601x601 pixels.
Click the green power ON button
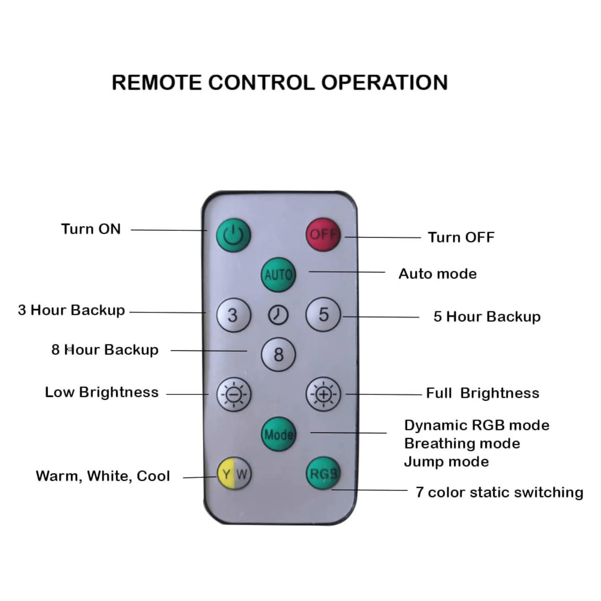click(233, 236)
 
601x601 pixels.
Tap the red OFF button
click(323, 235)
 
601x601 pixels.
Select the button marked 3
click(233, 315)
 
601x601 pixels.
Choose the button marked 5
click(324, 315)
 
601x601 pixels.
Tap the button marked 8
click(279, 355)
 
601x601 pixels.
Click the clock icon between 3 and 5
click(278, 315)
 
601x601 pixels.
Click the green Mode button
click(279, 434)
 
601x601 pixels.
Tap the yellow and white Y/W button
click(234, 474)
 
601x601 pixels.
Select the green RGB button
click(323, 474)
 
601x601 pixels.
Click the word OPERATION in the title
click(384, 83)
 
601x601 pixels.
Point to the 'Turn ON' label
click(91, 229)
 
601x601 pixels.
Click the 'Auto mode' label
click(438, 274)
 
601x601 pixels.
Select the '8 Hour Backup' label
click(105, 349)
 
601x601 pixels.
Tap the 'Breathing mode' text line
click(462, 443)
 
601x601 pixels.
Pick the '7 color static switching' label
click(499, 492)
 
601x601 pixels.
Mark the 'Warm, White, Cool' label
click(103, 475)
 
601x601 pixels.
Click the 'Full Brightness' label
click(483, 393)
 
